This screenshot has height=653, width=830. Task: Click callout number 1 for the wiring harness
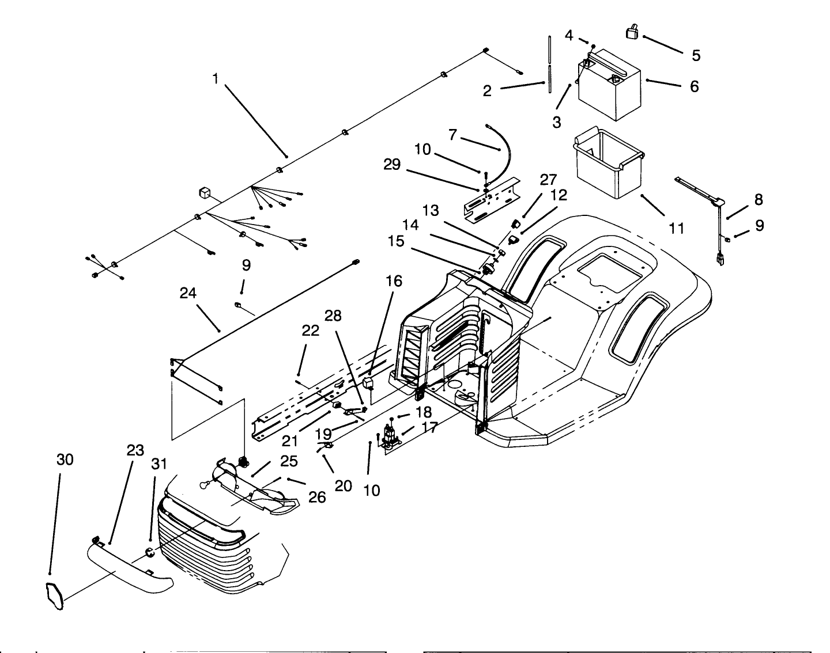click(x=215, y=78)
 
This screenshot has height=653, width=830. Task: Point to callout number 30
click(x=65, y=460)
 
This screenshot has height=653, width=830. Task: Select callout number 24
click(x=188, y=294)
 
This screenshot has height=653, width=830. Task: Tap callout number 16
click(x=394, y=282)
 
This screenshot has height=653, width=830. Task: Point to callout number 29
click(x=392, y=164)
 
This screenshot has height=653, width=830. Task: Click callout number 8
click(x=759, y=200)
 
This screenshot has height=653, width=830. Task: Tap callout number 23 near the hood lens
click(x=135, y=451)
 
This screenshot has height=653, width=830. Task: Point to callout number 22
click(x=310, y=331)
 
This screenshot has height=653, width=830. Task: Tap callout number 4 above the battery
click(x=569, y=35)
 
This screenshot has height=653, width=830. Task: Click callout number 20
click(x=343, y=485)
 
